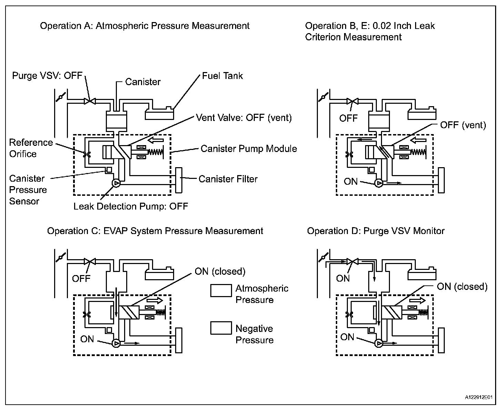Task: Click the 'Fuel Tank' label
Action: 222,76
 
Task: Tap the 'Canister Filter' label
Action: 228,179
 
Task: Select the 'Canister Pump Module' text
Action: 249,149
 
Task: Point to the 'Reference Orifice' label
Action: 31,148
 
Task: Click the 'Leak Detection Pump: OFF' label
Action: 131,206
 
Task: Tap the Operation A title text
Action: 145,26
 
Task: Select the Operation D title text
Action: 376,231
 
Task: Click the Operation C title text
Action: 155,231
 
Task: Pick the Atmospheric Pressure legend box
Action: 221,291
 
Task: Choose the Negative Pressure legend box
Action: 221,328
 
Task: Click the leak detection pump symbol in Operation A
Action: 116,183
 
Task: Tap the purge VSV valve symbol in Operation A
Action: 90,101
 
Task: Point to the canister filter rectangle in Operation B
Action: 441,180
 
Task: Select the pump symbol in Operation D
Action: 379,343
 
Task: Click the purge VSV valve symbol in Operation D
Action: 352,262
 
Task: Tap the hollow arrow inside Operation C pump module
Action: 157,301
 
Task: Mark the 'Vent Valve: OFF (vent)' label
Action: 244,118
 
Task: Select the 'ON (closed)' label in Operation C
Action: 220,272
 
